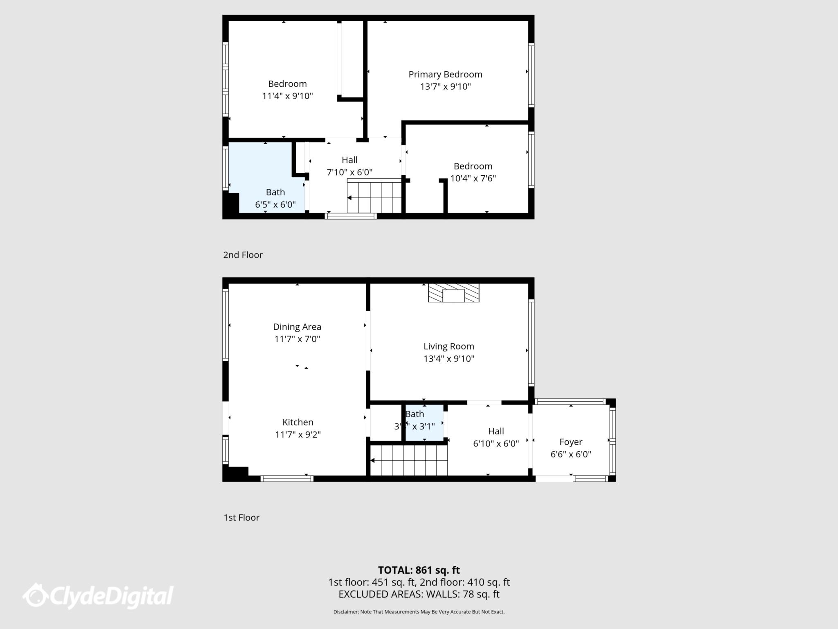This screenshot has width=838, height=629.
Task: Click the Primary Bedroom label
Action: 445,74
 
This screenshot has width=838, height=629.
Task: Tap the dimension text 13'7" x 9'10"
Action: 445,86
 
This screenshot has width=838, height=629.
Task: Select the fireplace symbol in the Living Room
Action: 453,293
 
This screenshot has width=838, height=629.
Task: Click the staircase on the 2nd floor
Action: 374,197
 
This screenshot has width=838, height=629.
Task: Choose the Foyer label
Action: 570,442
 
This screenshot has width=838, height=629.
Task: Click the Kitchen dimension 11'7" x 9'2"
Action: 297,434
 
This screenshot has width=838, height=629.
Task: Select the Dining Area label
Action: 297,327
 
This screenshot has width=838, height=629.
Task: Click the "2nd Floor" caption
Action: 243,255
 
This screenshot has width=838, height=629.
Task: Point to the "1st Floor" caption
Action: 241,518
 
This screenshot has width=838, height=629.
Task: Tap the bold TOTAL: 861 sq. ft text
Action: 419,570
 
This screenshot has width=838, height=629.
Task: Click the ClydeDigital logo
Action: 98,596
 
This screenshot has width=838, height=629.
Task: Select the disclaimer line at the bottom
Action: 419,612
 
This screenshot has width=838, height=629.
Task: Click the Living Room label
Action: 448,346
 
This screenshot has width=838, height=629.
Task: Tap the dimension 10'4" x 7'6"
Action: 473,179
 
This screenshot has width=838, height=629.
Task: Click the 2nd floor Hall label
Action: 349,160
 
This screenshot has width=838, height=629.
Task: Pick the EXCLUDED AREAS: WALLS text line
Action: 419,594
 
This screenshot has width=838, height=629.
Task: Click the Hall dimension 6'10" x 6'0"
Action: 496,443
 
